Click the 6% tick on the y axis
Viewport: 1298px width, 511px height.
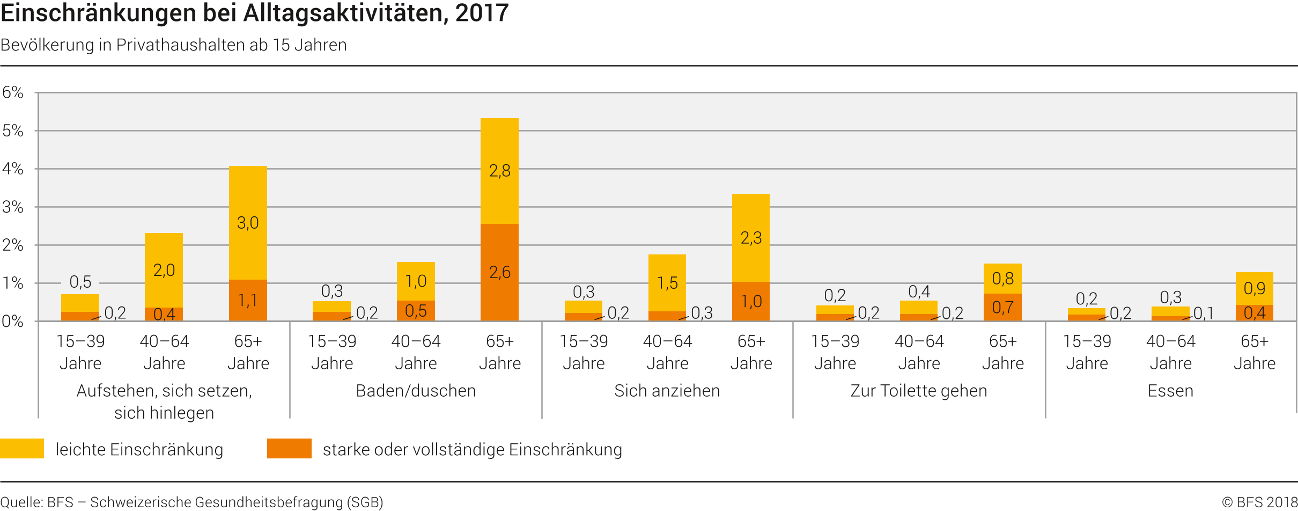click(13, 92)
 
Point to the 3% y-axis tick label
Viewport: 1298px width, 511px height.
click(13, 207)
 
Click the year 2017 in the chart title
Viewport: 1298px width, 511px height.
click(482, 13)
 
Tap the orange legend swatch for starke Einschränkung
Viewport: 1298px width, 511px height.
click(289, 449)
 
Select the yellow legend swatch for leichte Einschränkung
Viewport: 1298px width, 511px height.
click(22, 449)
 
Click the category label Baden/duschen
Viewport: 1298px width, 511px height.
click(416, 391)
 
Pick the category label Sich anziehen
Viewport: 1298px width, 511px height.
click(667, 391)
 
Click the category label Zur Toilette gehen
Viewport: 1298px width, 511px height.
click(918, 391)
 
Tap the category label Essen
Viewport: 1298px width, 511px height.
click(1170, 391)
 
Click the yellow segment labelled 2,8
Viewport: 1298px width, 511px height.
click(499, 171)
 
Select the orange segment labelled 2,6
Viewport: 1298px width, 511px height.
click(499, 273)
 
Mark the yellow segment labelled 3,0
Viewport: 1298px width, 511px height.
click(248, 223)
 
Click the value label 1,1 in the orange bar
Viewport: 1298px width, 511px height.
click(248, 301)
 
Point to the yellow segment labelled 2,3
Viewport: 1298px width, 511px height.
click(751, 238)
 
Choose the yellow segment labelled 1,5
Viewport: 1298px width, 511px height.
click(667, 283)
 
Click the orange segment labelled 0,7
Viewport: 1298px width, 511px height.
click(1002, 308)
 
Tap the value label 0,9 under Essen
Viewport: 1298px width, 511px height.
click(1254, 288)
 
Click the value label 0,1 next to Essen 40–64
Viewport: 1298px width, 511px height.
click(1204, 313)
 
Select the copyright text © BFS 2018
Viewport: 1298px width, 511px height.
click(1259, 502)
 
